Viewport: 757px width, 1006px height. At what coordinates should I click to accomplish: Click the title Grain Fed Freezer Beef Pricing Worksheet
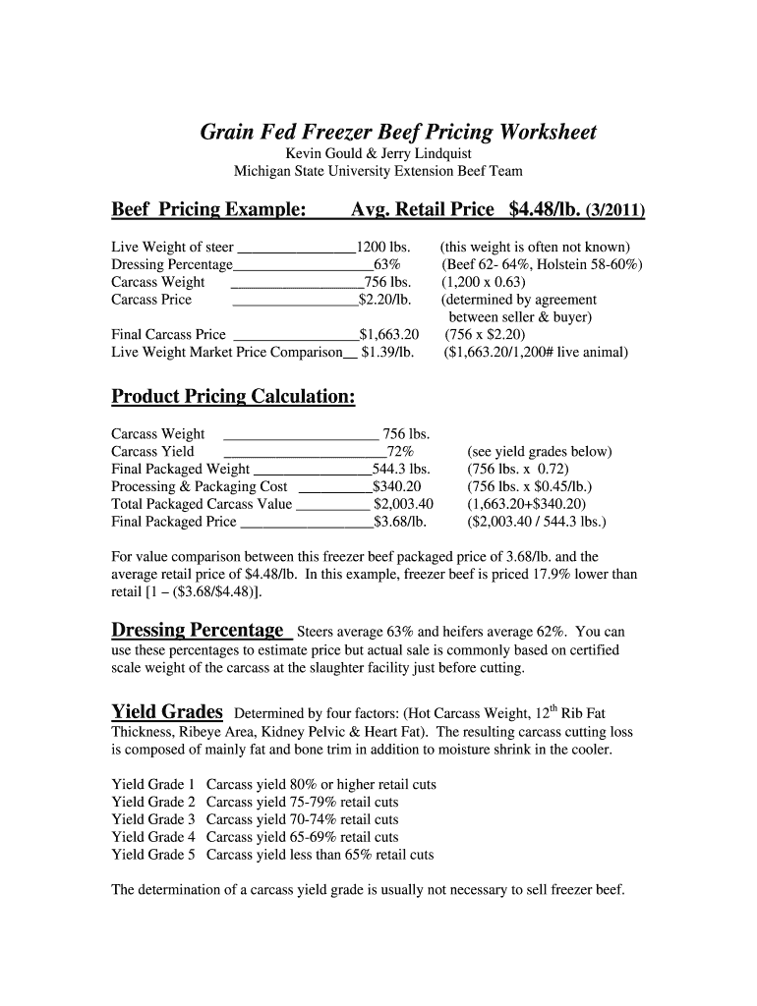(x=398, y=132)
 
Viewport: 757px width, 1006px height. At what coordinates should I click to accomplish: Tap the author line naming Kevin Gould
(x=378, y=154)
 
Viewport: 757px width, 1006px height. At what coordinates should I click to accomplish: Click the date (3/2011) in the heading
(x=615, y=210)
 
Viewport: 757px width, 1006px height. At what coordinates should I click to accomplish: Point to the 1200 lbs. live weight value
(x=382, y=248)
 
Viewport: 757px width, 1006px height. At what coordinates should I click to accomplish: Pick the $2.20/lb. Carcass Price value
(x=384, y=300)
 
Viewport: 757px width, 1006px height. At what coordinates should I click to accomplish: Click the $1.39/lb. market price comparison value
(x=387, y=352)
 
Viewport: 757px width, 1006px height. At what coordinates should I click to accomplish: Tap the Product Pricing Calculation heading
(x=233, y=397)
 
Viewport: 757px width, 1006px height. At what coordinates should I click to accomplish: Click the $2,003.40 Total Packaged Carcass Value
(x=403, y=504)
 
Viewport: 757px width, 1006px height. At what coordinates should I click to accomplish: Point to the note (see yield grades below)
(x=540, y=452)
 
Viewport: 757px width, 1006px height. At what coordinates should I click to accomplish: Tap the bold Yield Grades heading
(x=167, y=711)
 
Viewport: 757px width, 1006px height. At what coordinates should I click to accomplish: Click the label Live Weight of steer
(x=172, y=248)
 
